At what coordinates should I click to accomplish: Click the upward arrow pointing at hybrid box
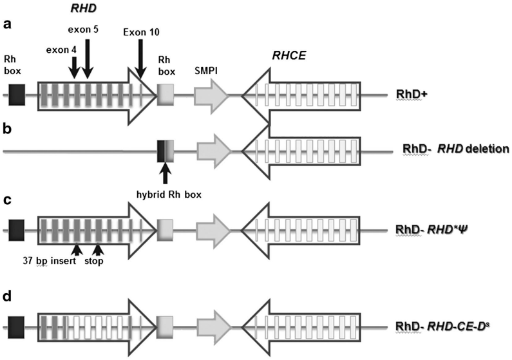[x=166, y=173]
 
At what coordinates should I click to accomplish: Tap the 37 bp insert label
[x=49, y=262]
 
